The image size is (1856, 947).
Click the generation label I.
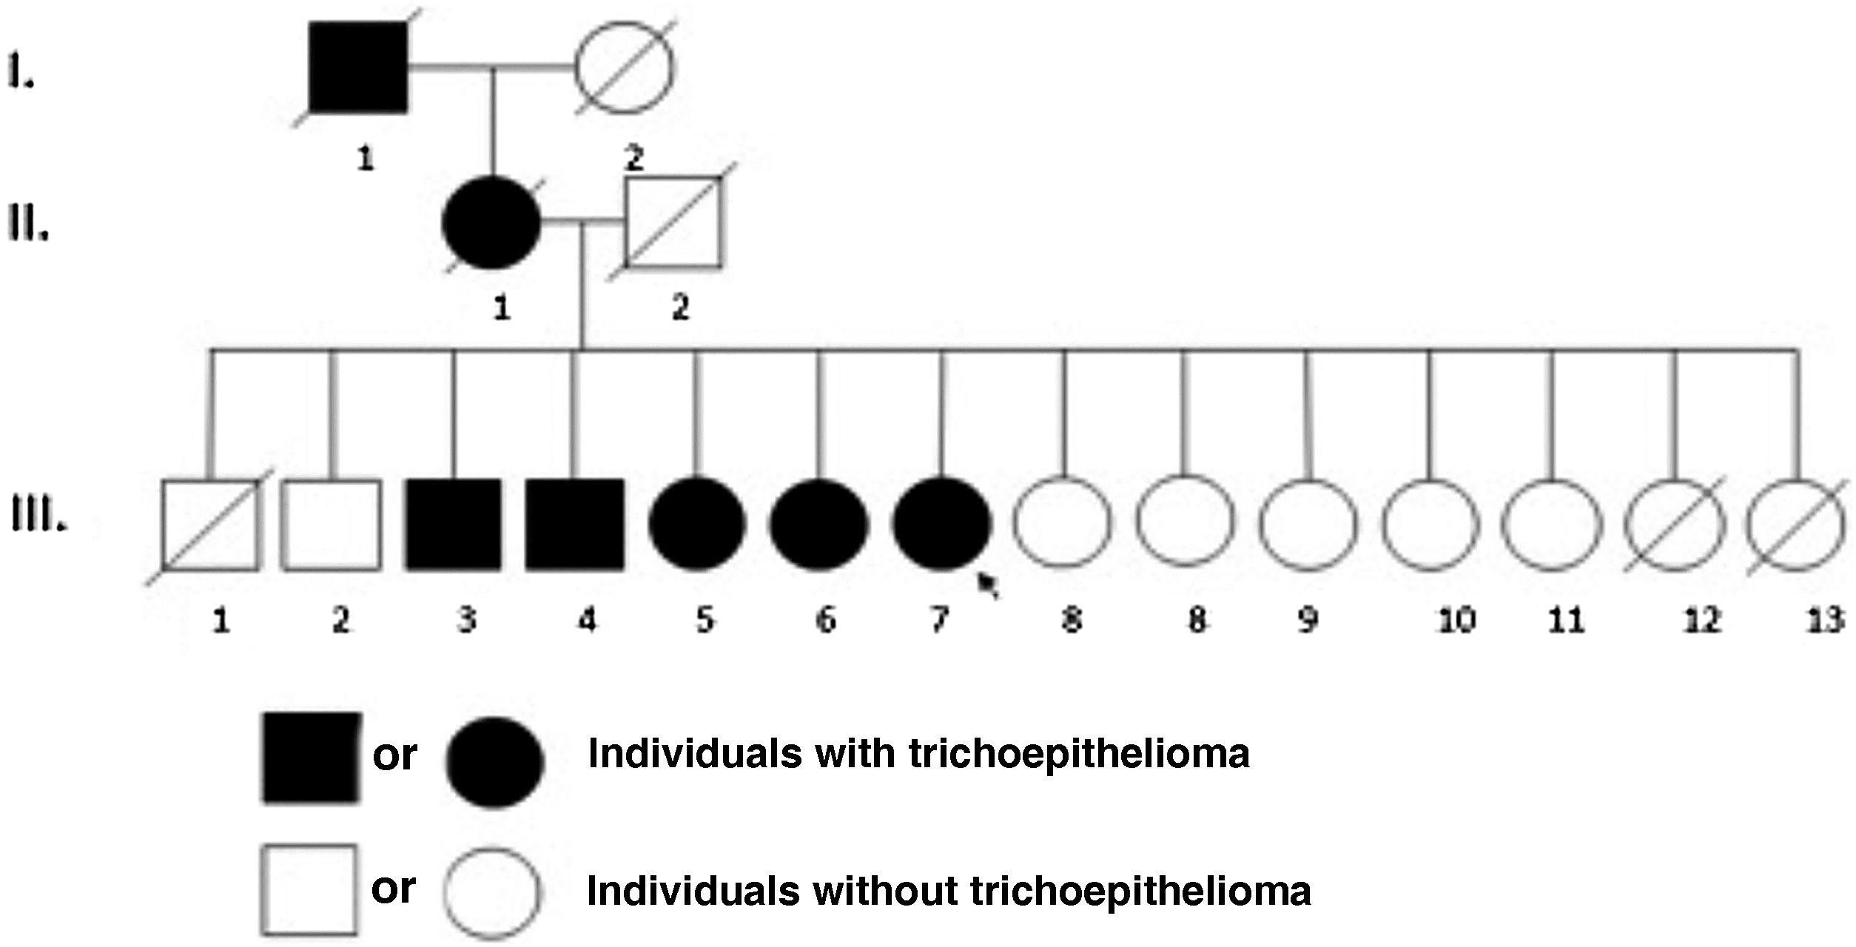(21, 73)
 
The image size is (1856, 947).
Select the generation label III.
(38, 515)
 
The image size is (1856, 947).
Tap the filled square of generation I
(358, 67)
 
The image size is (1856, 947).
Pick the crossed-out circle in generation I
(625, 67)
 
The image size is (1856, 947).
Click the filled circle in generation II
(491, 222)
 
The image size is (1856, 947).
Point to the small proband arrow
(988, 584)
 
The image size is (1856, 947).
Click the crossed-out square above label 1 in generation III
(211, 525)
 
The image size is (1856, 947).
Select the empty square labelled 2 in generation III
(332, 525)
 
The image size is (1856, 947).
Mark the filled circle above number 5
(696, 524)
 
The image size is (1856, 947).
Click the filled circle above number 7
(941, 524)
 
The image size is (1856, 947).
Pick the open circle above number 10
(1430, 524)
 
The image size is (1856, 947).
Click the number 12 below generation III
(1701, 620)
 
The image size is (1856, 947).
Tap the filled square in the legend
(312, 758)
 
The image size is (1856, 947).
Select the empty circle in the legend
(492, 893)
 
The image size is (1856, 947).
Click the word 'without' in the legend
(885, 892)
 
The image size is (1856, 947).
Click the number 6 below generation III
(825, 620)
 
